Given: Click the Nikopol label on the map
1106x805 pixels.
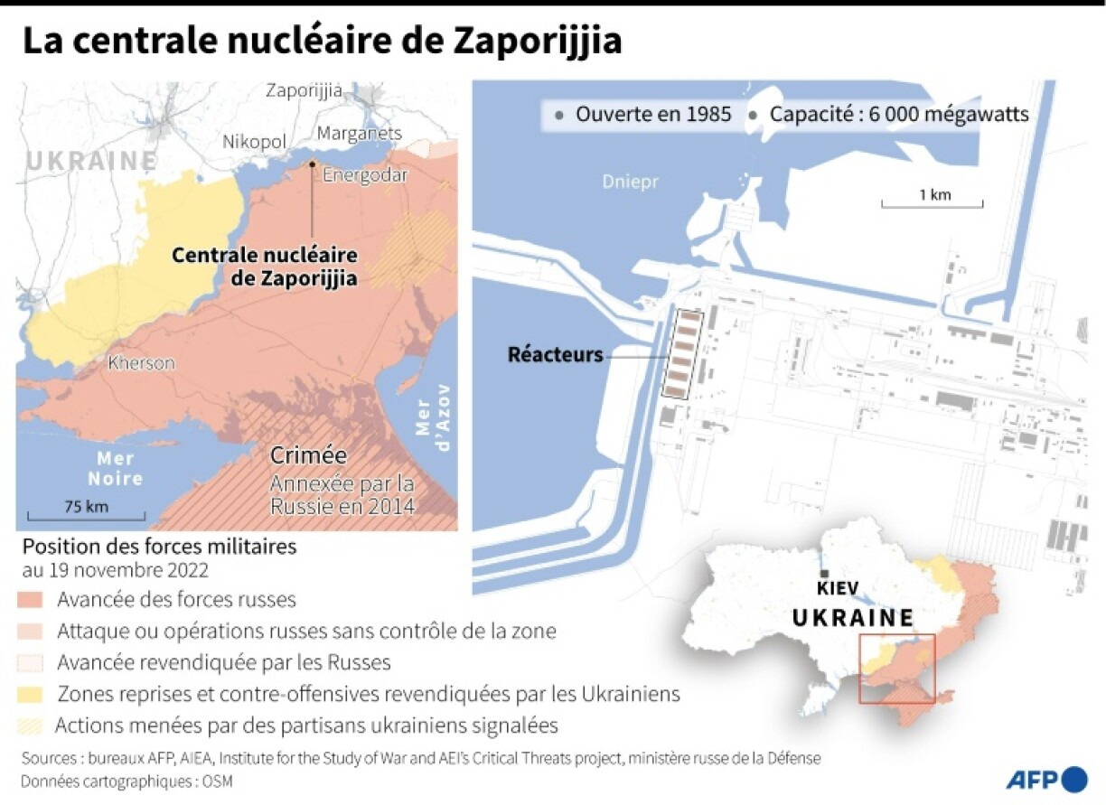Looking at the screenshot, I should [255, 143].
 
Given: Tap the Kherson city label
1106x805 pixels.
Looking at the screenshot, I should [141, 363].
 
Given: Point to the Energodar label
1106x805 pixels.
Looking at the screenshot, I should [364, 175].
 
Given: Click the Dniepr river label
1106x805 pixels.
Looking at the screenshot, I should [631, 183].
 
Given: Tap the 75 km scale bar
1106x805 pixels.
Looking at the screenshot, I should [86, 518].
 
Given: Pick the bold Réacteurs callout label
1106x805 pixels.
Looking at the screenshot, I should [555, 355].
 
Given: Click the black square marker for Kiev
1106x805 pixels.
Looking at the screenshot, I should [823, 575].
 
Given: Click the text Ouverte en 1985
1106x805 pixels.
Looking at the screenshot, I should [652, 115].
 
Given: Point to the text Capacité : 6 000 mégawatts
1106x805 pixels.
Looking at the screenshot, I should [898, 115].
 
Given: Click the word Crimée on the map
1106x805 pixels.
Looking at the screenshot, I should [308, 455].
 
